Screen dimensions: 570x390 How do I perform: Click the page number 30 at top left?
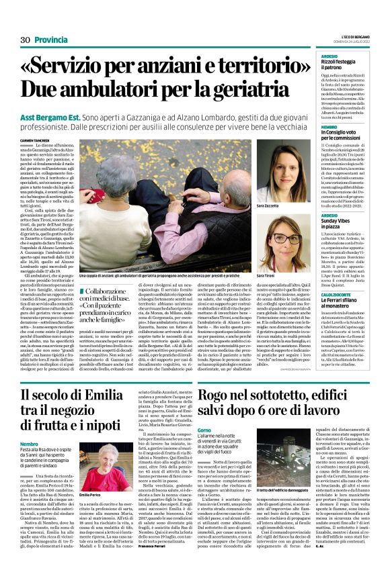(26, 40)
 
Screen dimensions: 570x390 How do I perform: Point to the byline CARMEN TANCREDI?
(39, 139)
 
